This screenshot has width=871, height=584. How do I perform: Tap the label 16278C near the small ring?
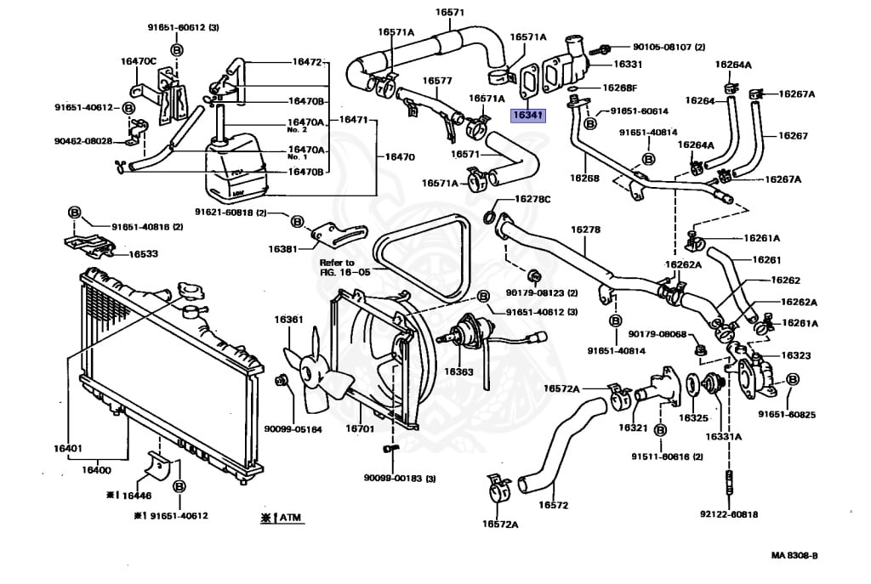coord(532,199)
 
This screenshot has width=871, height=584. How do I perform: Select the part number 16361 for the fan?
coord(288,320)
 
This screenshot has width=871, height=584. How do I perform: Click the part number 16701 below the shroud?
coord(360,429)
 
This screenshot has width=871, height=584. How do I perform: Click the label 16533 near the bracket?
coord(142,253)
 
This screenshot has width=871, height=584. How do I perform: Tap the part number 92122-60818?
coord(729,514)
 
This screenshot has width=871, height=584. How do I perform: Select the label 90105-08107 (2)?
coord(669,48)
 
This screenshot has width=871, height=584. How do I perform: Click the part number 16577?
coord(437,81)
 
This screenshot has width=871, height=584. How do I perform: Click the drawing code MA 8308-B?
coord(794,556)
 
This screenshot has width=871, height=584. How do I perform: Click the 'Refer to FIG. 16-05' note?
coord(345,269)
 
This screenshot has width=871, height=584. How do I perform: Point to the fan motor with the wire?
coord(466,331)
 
